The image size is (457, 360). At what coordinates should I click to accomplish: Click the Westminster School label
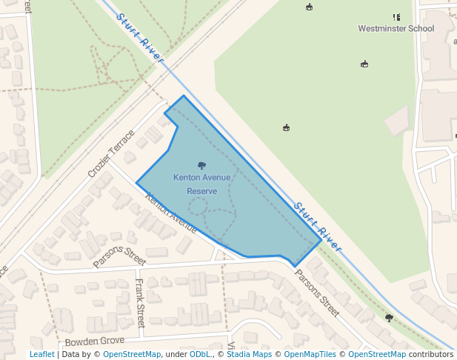pyautogui.click(x=396, y=29)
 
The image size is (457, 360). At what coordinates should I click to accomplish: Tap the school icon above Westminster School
pyautogui.click(x=396, y=17)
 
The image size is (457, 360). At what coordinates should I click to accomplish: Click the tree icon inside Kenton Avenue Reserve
pyautogui.click(x=202, y=165)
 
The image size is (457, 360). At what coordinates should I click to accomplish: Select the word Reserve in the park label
pyautogui.click(x=201, y=191)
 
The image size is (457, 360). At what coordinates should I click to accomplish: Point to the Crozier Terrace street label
pyautogui.click(x=111, y=153)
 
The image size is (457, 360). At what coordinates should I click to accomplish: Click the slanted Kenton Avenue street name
pyautogui.click(x=171, y=213)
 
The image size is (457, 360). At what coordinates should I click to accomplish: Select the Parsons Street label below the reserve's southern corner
pyautogui.click(x=317, y=293)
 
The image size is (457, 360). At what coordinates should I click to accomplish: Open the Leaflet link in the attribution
pyautogui.click(x=41, y=355)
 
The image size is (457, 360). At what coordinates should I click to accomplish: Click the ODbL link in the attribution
pyautogui.click(x=200, y=355)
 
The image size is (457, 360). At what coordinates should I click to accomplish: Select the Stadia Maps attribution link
pyautogui.click(x=249, y=355)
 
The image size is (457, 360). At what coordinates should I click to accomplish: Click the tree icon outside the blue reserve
pyautogui.click(x=389, y=318)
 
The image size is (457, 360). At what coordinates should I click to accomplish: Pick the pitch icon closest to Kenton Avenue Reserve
pyautogui.click(x=287, y=127)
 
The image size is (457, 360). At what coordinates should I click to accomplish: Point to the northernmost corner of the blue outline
pyautogui.click(x=184, y=96)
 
